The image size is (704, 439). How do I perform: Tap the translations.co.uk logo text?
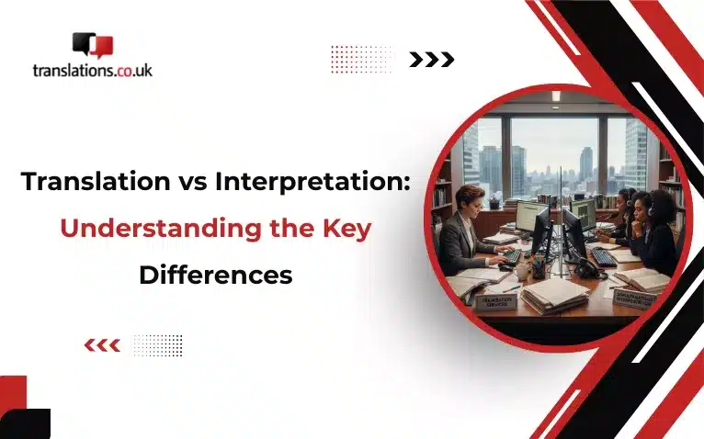tap(91, 69)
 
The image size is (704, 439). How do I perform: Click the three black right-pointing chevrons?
tap(432, 60)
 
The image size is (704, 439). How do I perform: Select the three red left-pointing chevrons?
tap(101, 346)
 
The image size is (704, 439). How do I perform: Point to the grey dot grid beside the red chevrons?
tap(158, 345)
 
